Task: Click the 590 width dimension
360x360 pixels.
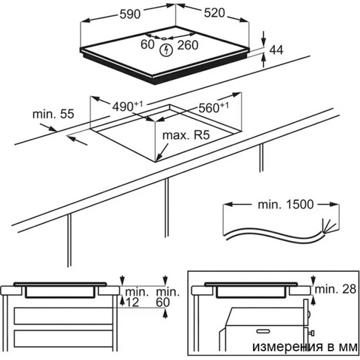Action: point(131,14)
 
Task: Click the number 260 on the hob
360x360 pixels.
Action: point(188,45)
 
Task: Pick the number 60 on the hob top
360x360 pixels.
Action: point(147,45)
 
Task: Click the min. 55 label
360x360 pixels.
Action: point(53,114)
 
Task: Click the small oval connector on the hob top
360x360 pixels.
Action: point(164,38)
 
